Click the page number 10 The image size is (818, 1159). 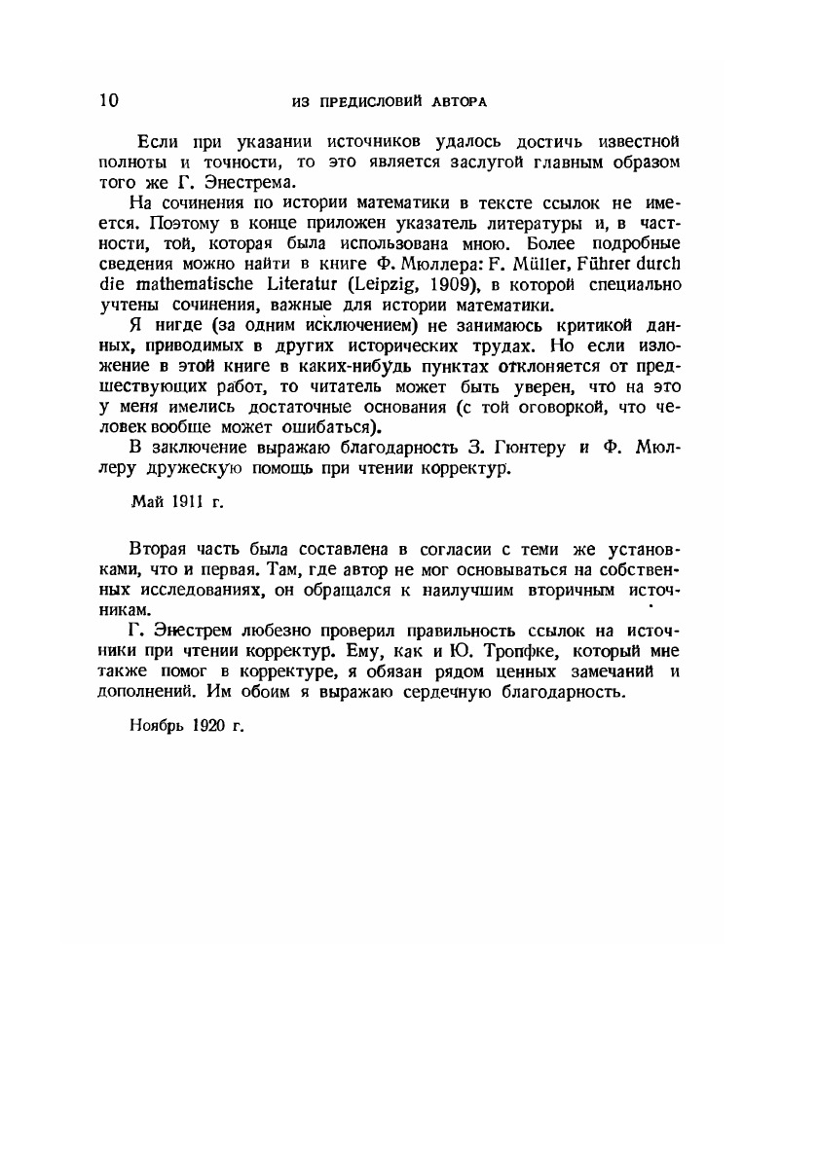coord(108,100)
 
